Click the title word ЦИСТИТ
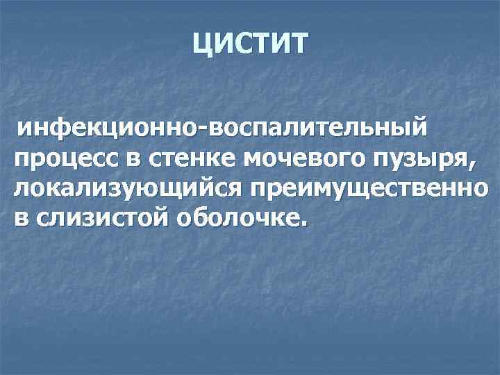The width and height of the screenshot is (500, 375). coord(249,46)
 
